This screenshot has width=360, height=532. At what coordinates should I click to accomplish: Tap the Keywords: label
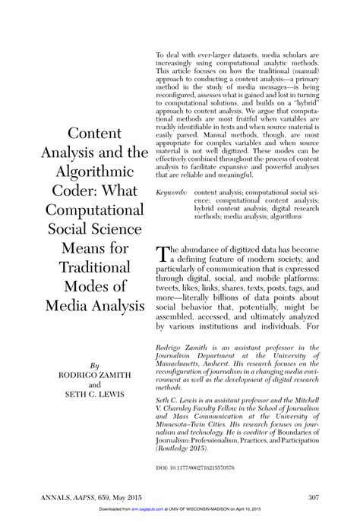pos(172,194)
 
